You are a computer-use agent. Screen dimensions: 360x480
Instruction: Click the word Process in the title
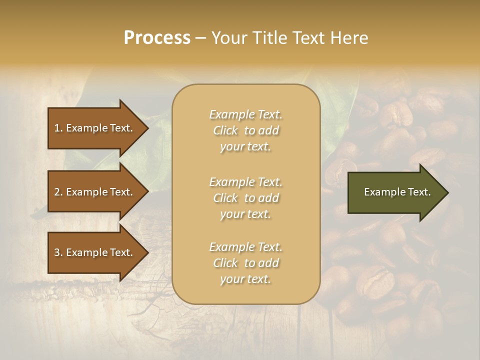[157, 38]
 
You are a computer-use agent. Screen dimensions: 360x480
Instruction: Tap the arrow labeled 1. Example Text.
[95, 128]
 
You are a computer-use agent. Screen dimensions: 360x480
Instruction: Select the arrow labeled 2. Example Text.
[95, 192]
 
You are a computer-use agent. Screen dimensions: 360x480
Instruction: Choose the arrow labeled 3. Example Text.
[95, 252]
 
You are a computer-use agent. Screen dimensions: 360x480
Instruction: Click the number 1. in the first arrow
[58, 128]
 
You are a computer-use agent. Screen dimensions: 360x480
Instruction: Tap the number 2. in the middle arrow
[58, 192]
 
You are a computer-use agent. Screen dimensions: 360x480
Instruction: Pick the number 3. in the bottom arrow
[58, 252]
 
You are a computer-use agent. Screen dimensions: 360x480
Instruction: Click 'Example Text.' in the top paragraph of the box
[245, 114]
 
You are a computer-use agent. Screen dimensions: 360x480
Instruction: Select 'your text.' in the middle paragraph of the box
[245, 214]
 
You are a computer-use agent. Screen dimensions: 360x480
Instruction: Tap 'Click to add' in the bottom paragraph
[245, 263]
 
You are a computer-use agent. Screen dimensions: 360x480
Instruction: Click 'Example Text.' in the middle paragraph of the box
[245, 181]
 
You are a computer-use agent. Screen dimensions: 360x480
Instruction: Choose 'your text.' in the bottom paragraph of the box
[245, 279]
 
